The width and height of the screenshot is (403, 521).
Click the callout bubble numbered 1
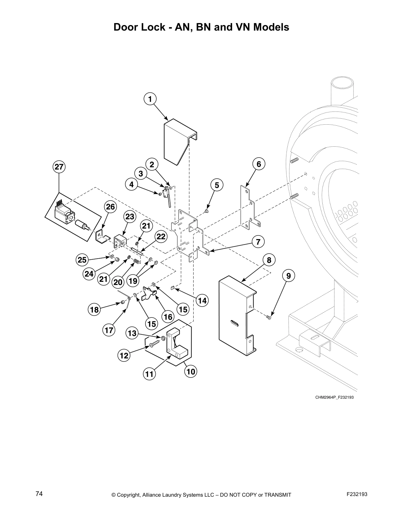coord(150,99)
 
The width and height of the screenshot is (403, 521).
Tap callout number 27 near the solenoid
coord(59,167)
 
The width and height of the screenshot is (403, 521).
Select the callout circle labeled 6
coord(259,164)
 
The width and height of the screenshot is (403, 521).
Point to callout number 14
coord(202,300)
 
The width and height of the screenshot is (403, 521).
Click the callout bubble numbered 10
coord(191,372)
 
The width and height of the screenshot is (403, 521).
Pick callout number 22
coord(160,237)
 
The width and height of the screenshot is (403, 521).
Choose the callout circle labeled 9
coord(288,276)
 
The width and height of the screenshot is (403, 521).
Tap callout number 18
coord(94,310)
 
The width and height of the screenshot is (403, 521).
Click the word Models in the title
coord(271,27)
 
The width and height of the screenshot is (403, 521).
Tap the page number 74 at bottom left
coord(39,494)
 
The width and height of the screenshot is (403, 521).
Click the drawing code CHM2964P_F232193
coord(334,397)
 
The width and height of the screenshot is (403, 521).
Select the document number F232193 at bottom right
coord(357,494)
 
